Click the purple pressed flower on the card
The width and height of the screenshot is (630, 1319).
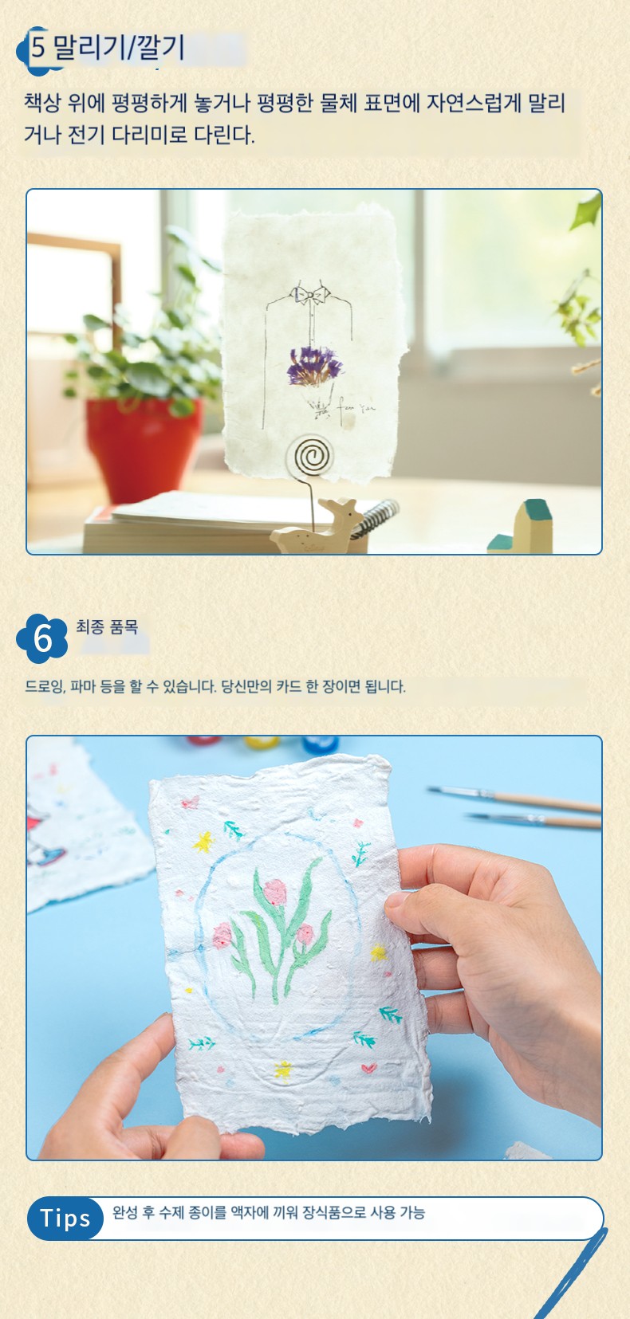[314, 366]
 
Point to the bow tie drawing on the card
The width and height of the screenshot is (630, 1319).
[309, 294]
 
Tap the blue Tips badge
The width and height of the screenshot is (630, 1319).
[65, 1219]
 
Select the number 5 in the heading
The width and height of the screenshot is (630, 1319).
[38, 48]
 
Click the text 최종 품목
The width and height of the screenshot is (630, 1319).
[107, 626]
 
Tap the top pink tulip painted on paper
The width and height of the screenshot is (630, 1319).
[274, 892]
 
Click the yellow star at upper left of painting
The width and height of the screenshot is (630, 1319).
[203, 842]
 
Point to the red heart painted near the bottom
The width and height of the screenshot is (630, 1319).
[369, 1068]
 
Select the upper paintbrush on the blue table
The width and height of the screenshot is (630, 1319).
[514, 798]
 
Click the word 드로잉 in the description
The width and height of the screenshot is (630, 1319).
[45, 686]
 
